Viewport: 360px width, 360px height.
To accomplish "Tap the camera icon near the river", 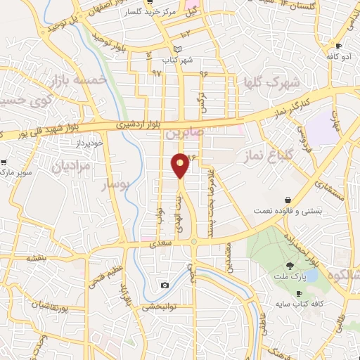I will (x=165, y=285).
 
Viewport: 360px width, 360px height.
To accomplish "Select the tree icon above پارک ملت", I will (x=290, y=266).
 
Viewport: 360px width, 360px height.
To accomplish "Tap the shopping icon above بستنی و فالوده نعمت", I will (x=287, y=200).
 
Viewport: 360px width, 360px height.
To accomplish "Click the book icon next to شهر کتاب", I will (x=177, y=49).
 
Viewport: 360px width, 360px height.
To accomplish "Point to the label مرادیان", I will (x=71, y=167).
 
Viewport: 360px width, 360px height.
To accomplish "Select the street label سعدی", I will (x=156, y=244).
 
